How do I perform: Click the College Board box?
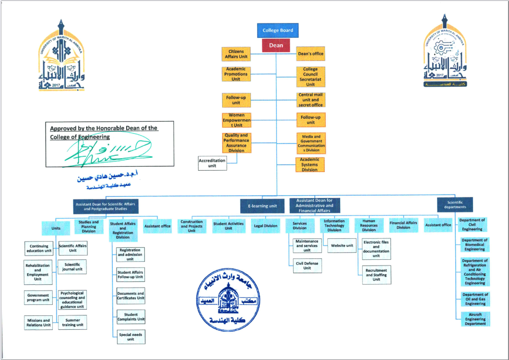pyautogui.click(x=278, y=30)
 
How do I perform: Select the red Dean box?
pyautogui.click(x=276, y=46)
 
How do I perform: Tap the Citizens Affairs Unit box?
pyautogui.click(x=236, y=54)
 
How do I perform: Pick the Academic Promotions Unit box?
pyautogui.click(x=236, y=74)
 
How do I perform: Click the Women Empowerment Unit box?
pyautogui.click(x=237, y=120)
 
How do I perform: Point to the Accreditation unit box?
pyautogui.click(x=212, y=163)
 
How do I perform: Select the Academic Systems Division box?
pyautogui.click(x=309, y=164)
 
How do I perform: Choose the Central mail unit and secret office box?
pyautogui.click(x=311, y=100)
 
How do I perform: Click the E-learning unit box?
pyautogui.click(x=262, y=206)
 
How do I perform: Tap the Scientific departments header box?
pyautogui.click(x=455, y=205)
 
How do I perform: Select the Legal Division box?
pyautogui.click(x=265, y=226)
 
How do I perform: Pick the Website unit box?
pyautogui.click(x=342, y=246)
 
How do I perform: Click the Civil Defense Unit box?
pyautogui.click(x=307, y=265)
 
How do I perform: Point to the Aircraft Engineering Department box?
pyautogui.click(x=475, y=319)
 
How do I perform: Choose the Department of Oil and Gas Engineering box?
pyautogui.click(x=475, y=299)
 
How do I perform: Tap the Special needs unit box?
pyautogui.click(x=130, y=337)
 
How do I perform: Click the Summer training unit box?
pyautogui.click(x=73, y=323)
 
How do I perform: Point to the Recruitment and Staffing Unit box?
pyautogui.click(x=376, y=275)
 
